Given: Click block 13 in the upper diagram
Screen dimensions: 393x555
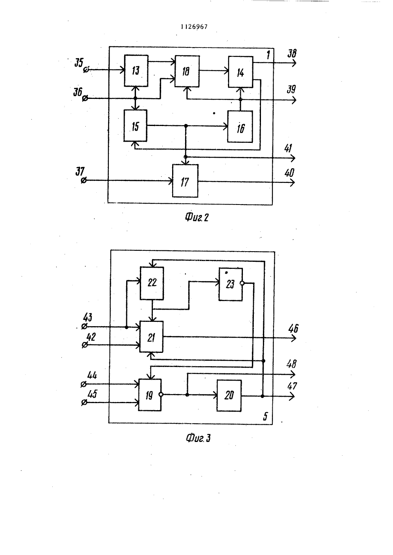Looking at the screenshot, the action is point(136,71).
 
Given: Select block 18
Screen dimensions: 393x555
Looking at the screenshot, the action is point(187,71).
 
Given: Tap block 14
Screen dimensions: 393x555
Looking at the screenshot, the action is point(241,72).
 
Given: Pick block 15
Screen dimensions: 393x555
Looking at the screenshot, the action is point(136,126).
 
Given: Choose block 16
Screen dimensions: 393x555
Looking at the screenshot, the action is point(240,127).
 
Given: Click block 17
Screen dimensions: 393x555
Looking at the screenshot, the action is point(185,181).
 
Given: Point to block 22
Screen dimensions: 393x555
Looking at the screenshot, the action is point(152,283).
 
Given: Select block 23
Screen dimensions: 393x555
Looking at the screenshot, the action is point(230,284).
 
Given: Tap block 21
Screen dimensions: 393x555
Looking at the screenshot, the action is point(151,337).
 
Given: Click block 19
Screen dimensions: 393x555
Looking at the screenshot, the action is point(150,395).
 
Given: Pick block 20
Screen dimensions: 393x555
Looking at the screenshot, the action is point(229,396).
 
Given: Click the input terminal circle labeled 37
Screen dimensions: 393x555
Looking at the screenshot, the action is point(84,181).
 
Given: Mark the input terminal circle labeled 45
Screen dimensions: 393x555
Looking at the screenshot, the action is point(84,403).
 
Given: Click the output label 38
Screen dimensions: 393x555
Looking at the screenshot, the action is point(292,53).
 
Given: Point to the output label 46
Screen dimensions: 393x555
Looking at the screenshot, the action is point(293,329).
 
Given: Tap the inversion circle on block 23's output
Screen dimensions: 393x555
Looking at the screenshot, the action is point(242,283).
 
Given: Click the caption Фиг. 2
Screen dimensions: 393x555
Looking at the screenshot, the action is point(197,217).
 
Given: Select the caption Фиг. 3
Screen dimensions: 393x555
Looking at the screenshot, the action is point(198,438).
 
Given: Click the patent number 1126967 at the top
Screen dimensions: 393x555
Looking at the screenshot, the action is point(194,27).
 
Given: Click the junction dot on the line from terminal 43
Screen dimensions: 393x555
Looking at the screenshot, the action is point(127,327).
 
